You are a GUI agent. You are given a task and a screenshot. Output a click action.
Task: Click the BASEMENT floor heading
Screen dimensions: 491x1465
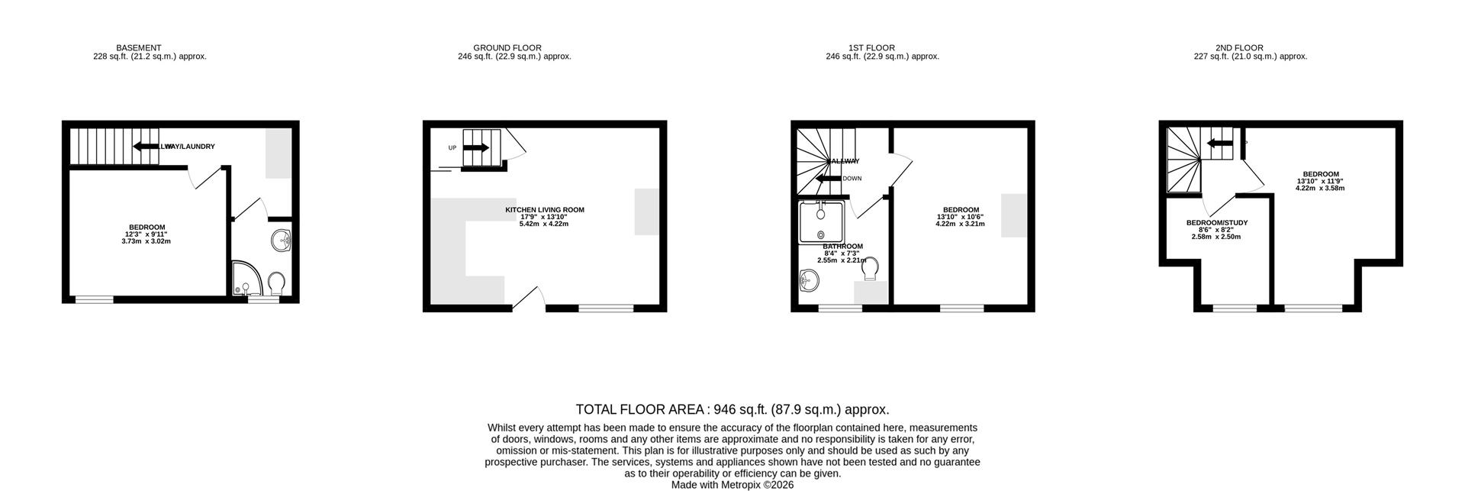(138, 47)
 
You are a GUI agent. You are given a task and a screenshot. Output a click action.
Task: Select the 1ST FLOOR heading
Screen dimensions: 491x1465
(871, 47)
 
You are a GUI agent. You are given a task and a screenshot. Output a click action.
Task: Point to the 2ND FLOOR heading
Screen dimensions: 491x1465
(1239, 47)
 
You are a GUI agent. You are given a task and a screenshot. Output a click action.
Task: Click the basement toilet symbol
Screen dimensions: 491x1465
(276, 283)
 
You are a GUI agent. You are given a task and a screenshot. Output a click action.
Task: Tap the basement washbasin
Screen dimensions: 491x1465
(282, 241)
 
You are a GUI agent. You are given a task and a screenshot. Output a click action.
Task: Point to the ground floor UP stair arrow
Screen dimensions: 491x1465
(475, 147)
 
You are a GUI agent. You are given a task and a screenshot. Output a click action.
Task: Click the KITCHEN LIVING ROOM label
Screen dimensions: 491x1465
(544, 210)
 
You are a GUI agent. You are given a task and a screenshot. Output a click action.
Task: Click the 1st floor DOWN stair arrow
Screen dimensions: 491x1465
(828, 179)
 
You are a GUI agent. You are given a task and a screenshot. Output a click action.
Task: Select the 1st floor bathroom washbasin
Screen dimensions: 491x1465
(810, 281)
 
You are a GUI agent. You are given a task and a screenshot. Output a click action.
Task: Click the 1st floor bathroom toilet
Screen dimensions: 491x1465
(869, 266)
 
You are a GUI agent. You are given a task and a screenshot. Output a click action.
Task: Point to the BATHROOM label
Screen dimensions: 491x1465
(842, 247)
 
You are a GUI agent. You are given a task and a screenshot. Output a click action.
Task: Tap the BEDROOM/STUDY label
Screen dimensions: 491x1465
(1216, 223)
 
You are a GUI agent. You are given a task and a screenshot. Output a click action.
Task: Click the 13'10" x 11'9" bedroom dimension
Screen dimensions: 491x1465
(1319, 181)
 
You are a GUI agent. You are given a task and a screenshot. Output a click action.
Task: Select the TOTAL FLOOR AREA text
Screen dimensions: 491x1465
(732, 410)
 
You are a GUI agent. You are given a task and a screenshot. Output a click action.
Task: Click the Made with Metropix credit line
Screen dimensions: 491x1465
(732, 485)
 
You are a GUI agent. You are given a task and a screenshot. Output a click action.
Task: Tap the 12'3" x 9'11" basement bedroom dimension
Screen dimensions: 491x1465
(146, 234)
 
